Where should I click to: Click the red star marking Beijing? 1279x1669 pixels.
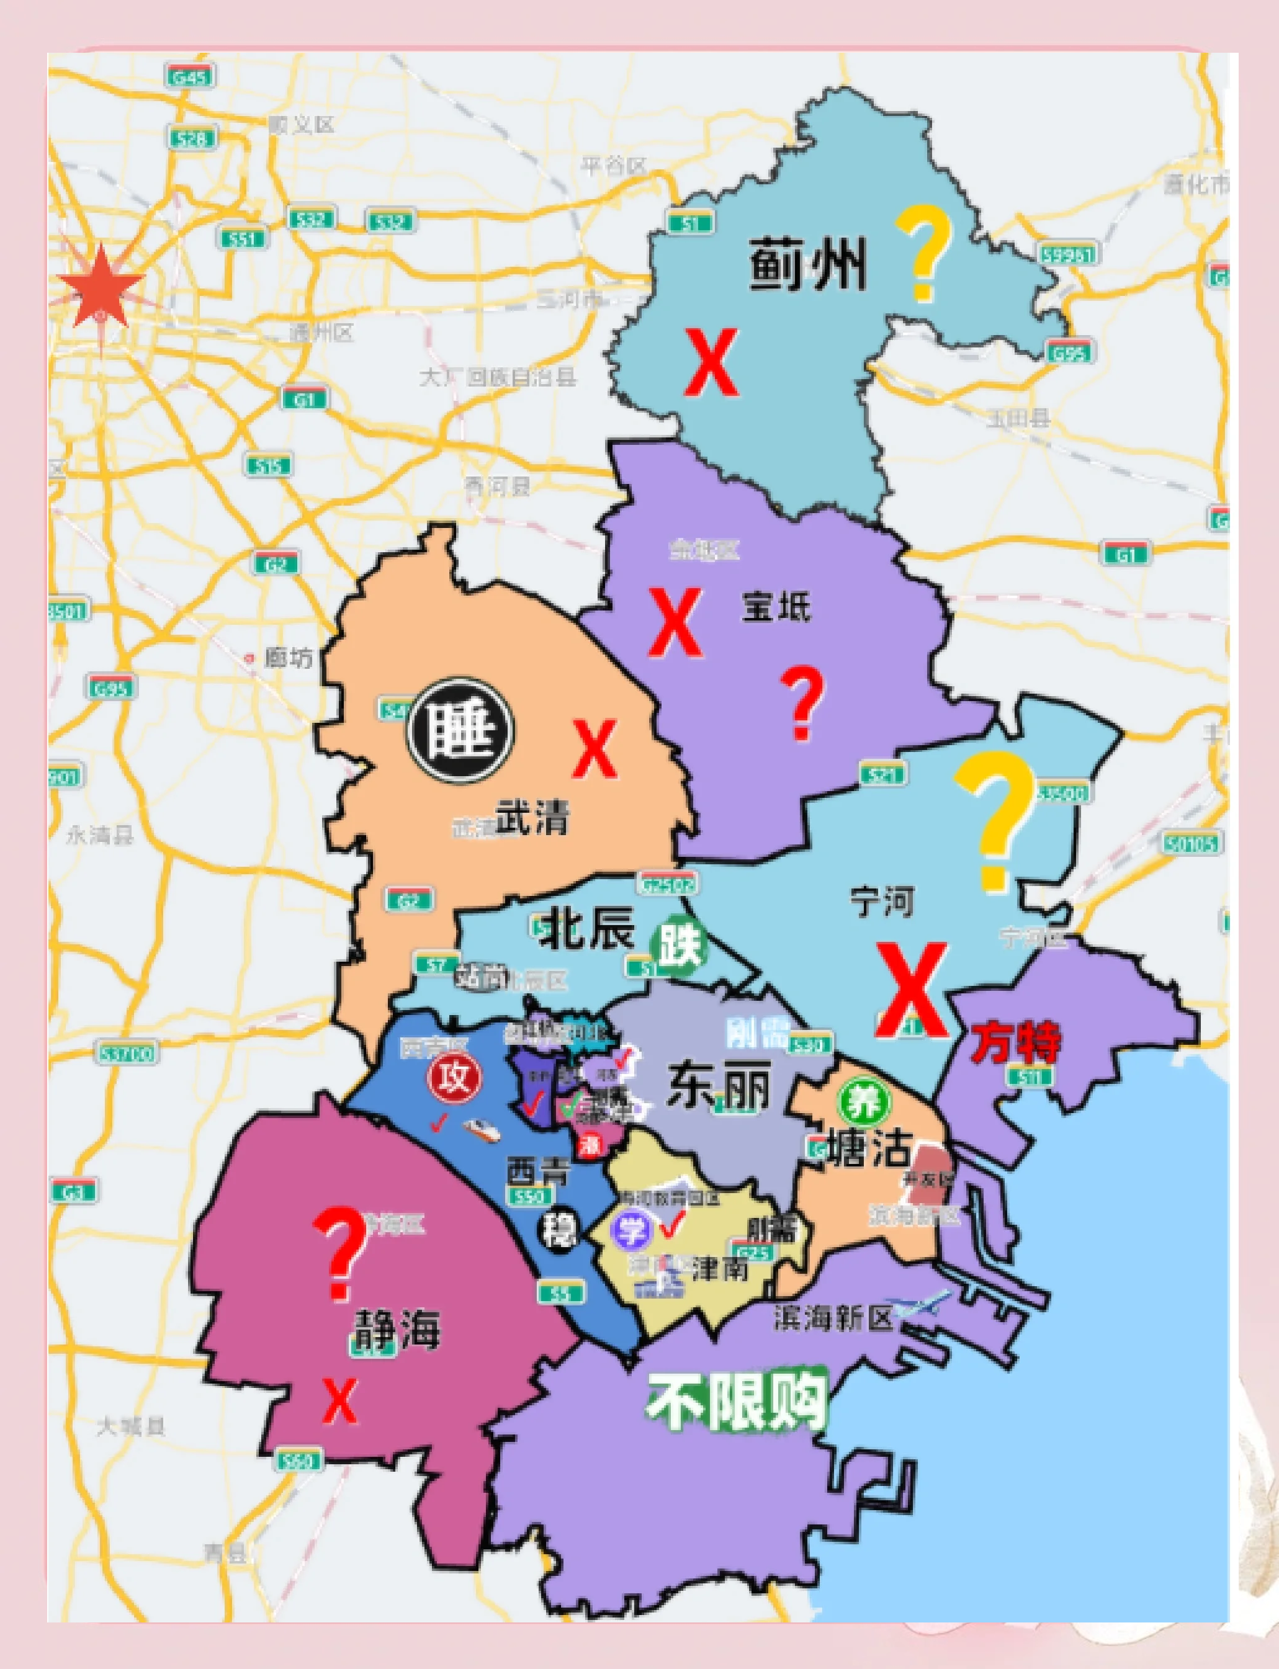(x=101, y=286)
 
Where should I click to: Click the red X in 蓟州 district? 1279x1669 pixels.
(x=711, y=362)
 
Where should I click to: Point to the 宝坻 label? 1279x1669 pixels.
(x=776, y=607)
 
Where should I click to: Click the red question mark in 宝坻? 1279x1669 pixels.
(x=802, y=703)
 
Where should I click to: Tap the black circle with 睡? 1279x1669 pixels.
(x=460, y=730)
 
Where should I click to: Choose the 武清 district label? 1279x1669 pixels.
(x=533, y=817)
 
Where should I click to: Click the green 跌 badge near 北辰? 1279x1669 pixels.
(x=678, y=948)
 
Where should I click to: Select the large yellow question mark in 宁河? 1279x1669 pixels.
(x=994, y=820)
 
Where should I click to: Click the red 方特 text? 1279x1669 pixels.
(x=1016, y=1041)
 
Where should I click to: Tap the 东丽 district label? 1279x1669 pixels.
(x=719, y=1086)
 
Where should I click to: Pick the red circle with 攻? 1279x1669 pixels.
(x=454, y=1078)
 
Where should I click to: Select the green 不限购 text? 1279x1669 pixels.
(x=737, y=1401)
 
